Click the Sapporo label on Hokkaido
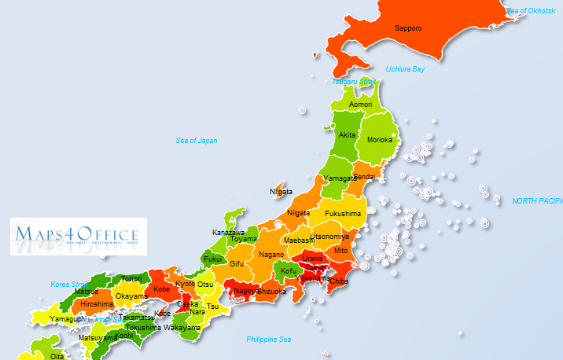click(x=408, y=28)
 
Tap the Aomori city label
click(x=361, y=104)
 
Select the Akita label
click(x=347, y=135)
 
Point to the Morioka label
click(x=380, y=140)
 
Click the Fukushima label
click(x=343, y=214)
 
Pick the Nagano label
click(x=271, y=255)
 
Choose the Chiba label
click(x=339, y=281)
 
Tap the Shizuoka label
click(x=271, y=291)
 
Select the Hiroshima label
click(x=97, y=303)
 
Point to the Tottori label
click(x=131, y=278)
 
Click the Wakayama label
click(x=182, y=327)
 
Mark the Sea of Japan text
click(x=197, y=141)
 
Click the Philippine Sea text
click(x=268, y=340)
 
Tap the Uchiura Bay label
click(x=406, y=69)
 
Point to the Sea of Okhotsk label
click(x=532, y=10)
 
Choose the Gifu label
click(x=237, y=263)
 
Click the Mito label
click(x=340, y=250)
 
